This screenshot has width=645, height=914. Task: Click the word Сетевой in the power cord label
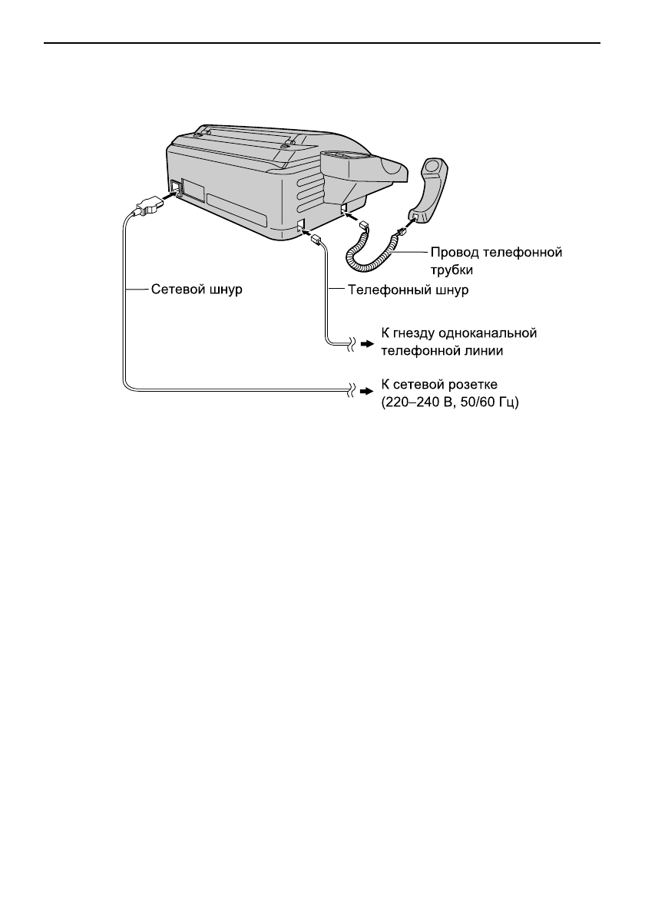pos(176,290)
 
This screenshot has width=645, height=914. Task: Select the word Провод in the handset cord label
pos(455,252)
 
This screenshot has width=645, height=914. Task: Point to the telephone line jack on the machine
pos(301,225)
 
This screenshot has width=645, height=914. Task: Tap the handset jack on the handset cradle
pos(344,208)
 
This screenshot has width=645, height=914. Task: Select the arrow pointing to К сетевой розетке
pos(366,392)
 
